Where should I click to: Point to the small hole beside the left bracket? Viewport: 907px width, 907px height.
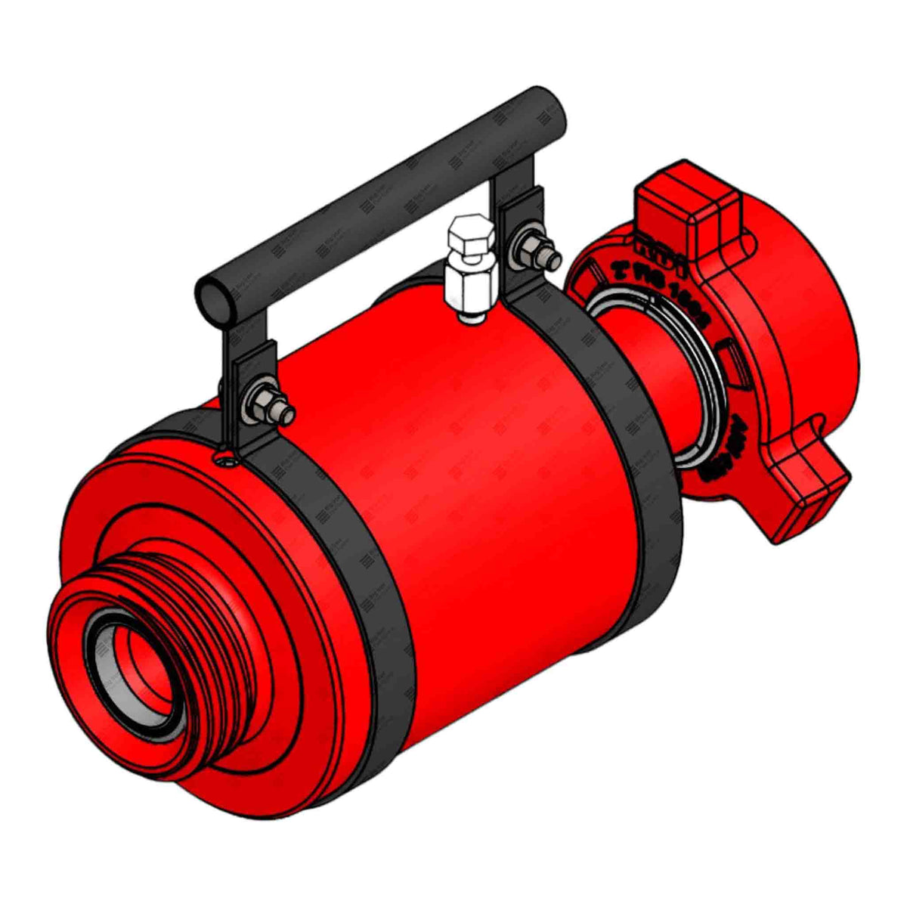click(x=221, y=459)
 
